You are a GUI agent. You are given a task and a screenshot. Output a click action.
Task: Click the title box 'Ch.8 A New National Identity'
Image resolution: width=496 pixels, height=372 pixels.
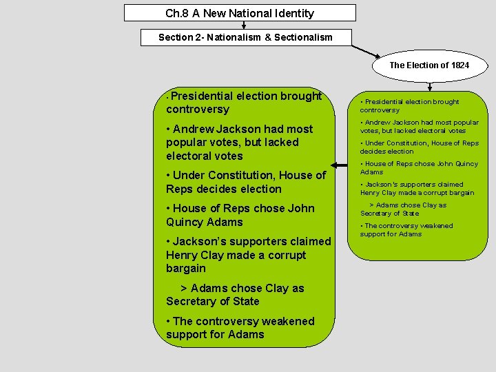coord(240,13)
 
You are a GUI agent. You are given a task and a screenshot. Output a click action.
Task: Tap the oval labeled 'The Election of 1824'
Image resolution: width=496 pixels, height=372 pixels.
coord(429,65)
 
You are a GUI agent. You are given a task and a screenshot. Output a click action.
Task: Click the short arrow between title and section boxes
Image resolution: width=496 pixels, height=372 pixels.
coord(244,25)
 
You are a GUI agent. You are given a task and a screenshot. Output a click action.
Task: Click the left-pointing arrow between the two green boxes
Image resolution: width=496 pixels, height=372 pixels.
coord(338,165)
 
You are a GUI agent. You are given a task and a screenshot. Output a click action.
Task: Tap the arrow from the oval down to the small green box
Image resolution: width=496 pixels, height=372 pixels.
coord(430,86)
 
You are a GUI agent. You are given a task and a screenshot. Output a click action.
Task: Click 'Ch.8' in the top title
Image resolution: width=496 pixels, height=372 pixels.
coord(176,13)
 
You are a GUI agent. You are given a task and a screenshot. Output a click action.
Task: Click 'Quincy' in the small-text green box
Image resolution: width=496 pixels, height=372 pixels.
coord(466,164)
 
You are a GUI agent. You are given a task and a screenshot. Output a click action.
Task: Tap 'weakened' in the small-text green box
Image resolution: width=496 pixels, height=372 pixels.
coord(435,226)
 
